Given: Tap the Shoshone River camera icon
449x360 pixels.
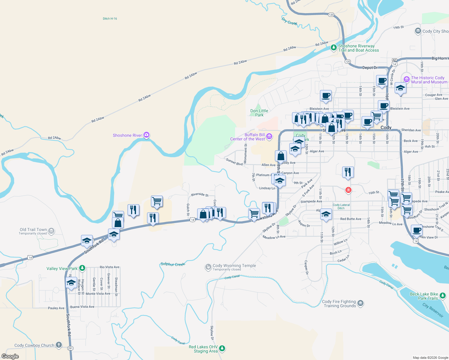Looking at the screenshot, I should tap(146, 135).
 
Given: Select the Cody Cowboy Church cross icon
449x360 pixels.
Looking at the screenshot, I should tap(59, 345).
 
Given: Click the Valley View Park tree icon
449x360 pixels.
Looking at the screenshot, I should tap(82, 268).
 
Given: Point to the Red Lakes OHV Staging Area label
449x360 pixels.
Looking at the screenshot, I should tap(203, 349).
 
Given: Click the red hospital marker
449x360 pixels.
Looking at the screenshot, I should tap(348, 190).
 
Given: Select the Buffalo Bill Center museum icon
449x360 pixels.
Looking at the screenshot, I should tap(269, 137).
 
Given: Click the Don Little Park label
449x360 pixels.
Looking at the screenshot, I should tap(259, 113).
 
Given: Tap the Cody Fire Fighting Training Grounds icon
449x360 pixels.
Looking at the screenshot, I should tap(360, 303).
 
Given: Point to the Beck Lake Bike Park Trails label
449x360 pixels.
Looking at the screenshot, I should tap(424, 296).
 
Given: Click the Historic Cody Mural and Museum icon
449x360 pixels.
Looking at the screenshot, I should tap(407, 79).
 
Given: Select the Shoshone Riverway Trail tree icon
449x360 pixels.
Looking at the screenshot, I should tap(333, 48).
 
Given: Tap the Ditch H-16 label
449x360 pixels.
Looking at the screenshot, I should tap(110, 19).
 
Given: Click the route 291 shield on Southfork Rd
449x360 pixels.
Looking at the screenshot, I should tap(70, 348).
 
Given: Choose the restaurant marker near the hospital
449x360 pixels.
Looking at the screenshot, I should tap(348, 172).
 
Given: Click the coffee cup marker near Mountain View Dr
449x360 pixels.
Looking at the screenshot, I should tap(417, 230).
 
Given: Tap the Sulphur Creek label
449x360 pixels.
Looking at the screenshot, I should tap(173, 264).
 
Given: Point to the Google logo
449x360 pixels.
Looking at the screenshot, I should tap(10, 356).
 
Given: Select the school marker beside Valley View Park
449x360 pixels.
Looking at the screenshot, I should tap(71, 283).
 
